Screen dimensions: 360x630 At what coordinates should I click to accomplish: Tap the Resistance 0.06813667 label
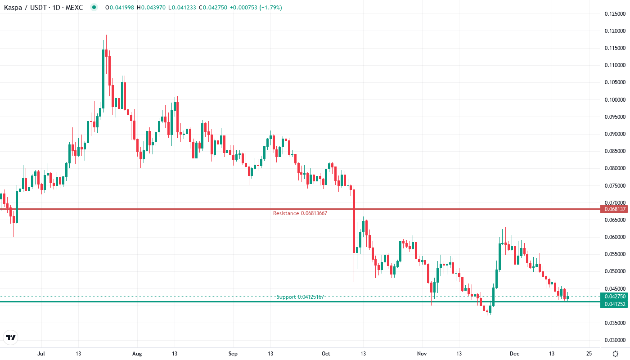coord(300,213)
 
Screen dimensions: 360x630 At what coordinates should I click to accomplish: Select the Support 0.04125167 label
coord(300,297)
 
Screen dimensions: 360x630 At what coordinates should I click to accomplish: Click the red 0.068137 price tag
coord(614,209)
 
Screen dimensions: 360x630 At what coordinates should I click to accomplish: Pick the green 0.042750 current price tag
coord(614,297)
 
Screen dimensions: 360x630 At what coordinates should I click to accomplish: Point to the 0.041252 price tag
coord(614,304)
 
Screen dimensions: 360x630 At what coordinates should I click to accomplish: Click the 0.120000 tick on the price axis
coord(615,31)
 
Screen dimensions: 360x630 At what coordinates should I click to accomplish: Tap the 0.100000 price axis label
coord(615,100)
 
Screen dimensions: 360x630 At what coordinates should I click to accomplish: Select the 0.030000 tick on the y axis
coord(615,340)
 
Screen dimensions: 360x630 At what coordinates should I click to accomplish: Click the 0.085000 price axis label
coord(615,151)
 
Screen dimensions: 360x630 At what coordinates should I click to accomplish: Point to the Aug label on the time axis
coord(137,354)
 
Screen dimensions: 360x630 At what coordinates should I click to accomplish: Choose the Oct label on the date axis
coord(326,354)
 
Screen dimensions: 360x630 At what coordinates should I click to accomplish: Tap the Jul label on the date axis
coord(41,354)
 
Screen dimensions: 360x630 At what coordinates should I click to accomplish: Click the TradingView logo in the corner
coord(10,337)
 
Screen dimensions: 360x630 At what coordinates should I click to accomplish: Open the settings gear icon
coord(615,354)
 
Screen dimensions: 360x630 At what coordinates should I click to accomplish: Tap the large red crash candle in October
coord(354,220)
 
